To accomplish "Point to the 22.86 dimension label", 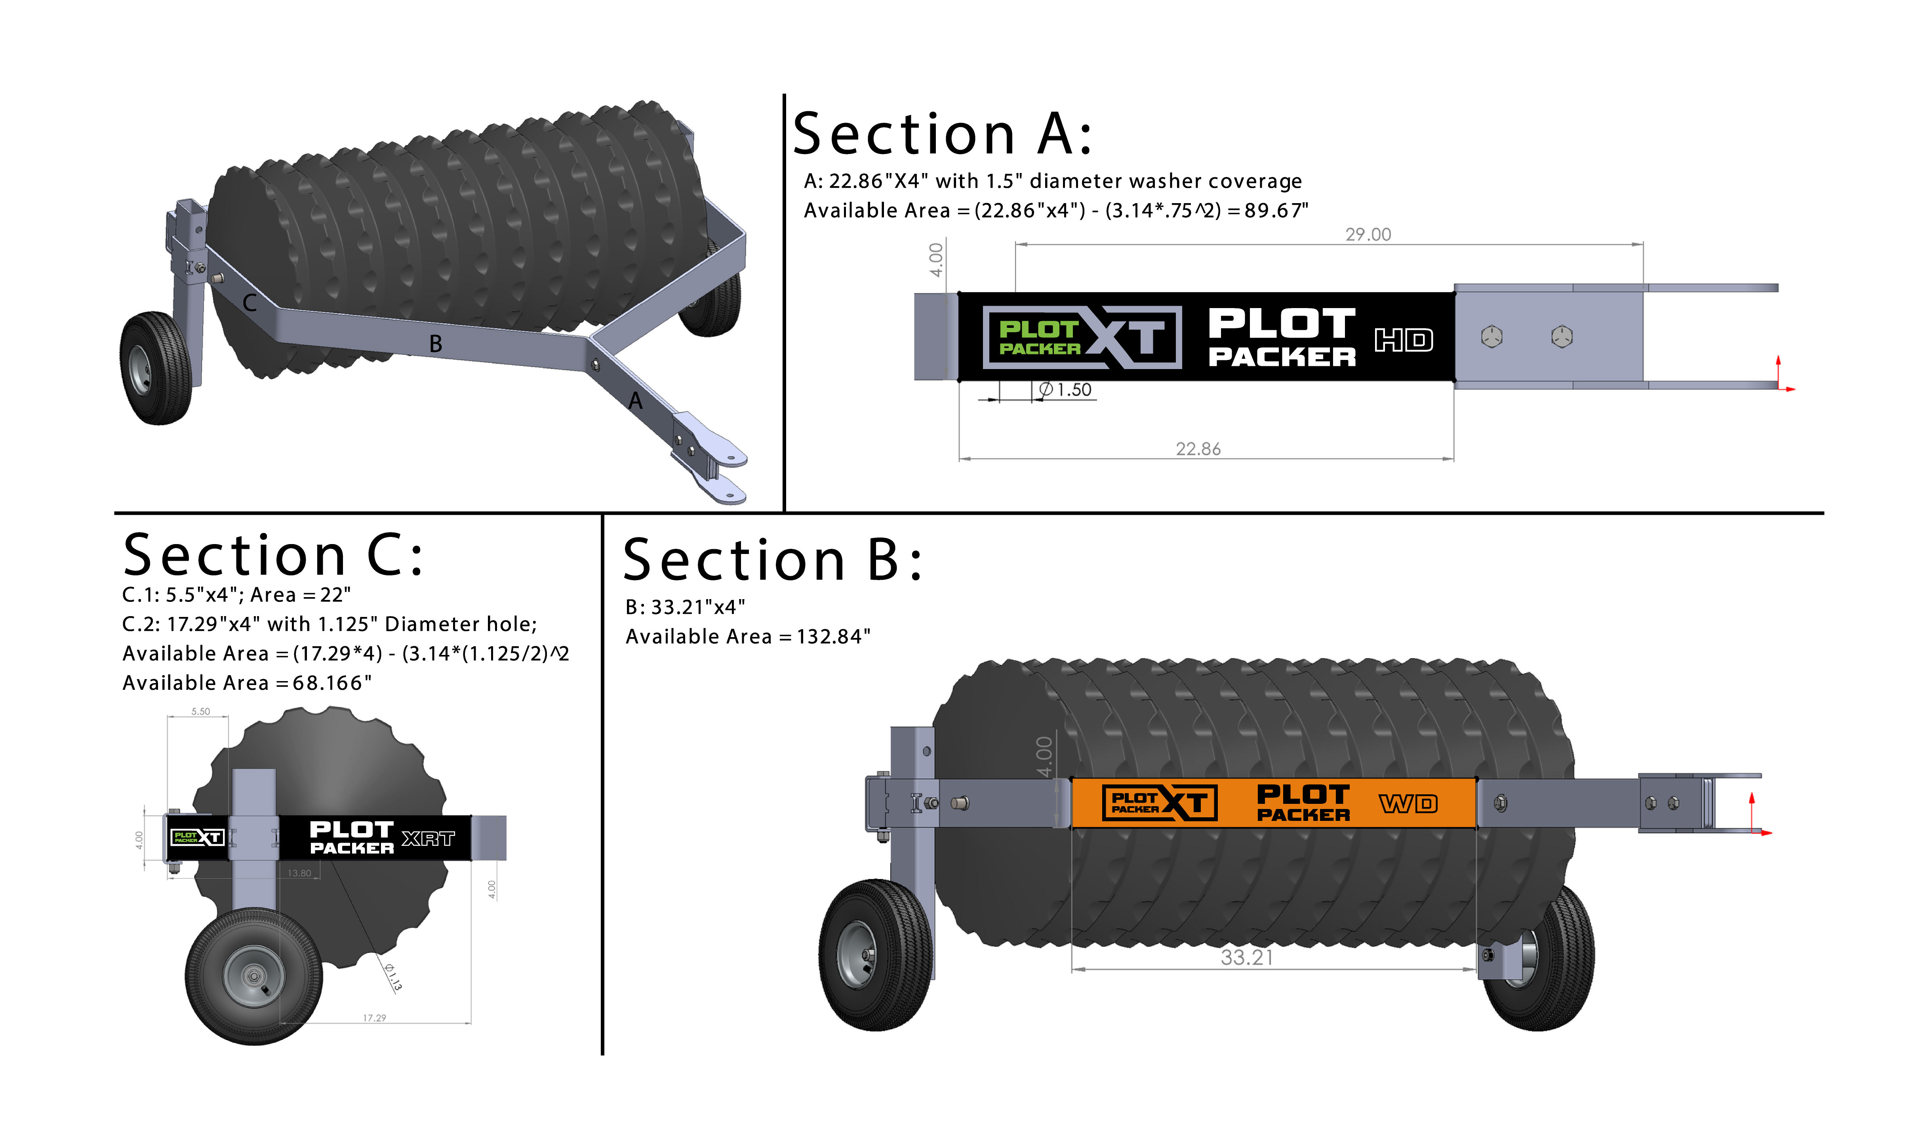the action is coord(1198,449).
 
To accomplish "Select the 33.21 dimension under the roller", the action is coord(1247,957).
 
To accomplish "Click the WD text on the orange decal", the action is coord(1408,804).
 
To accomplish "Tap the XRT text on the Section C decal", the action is coord(428,839).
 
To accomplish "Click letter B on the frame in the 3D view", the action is coord(436,344).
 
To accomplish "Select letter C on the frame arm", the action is coord(250,303).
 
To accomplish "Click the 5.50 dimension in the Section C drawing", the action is coord(201,712).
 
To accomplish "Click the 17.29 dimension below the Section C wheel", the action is coord(375,1018).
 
